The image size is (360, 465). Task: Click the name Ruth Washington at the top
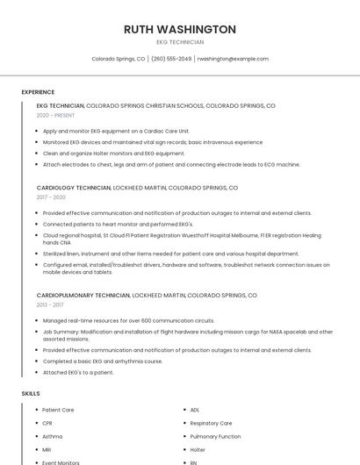(179, 29)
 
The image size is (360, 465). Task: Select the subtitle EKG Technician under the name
(179, 42)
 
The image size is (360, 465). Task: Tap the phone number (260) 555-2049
(171, 59)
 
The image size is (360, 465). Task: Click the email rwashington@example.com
(233, 59)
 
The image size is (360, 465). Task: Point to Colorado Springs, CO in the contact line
(119, 59)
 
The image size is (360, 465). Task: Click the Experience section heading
(38, 92)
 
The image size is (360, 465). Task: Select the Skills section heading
(31, 394)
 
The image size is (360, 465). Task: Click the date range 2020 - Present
(55, 115)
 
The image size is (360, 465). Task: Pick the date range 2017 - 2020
(51, 197)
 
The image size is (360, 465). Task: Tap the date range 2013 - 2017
(50, 305)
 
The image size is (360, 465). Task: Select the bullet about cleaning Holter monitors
(114, 153)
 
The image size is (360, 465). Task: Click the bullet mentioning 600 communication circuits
(128, 320)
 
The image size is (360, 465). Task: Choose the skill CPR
(47, 423)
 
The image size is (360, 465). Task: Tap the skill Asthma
(53, 436)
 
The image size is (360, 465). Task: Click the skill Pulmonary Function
(215, 436)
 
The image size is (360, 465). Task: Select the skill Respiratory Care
(211, 423)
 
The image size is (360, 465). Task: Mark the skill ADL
(195, 410)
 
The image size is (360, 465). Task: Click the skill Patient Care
(58, 410)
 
